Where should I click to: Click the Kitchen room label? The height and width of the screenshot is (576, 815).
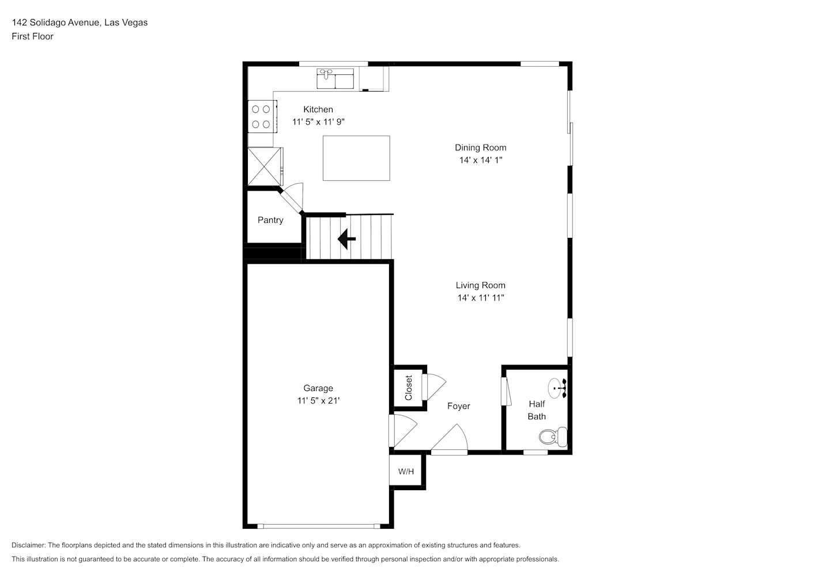(318, 109)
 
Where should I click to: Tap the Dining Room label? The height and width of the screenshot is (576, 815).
(480, 147)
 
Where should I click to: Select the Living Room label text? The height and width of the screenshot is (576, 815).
(480, 286)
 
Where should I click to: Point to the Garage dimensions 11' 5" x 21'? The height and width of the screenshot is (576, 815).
(318, 401)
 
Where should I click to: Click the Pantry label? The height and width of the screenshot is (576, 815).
(270, 220)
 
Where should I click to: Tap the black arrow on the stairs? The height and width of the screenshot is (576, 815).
(346, 239)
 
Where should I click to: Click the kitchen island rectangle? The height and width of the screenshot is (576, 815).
(356, 158)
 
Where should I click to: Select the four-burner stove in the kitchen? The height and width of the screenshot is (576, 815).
(262, 116)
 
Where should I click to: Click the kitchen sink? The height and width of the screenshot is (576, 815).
(335, 78)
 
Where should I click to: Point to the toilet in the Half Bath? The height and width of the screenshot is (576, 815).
(553, 437)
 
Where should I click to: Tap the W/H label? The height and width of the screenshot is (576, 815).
(406, 472)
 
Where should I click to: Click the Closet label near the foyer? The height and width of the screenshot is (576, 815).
(408, 388)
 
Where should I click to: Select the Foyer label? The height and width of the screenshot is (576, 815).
(458, 406)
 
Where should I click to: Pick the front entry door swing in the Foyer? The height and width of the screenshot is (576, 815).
(450, 439)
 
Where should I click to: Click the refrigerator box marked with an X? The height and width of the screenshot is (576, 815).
(265, 166)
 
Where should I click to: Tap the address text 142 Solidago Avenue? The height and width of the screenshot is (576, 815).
(55, 22)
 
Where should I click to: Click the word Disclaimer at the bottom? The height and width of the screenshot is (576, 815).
(29, 545)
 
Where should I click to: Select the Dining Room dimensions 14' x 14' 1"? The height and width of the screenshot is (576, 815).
(480, 160)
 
